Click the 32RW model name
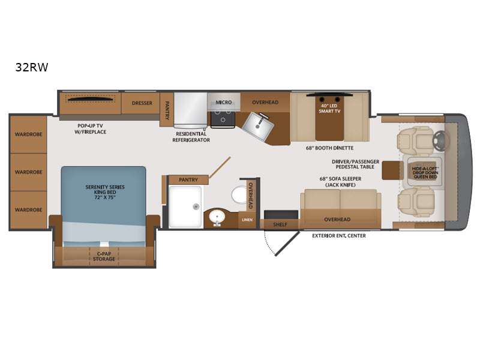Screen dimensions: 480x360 click(32, 67)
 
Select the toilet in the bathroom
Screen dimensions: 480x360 click(239, 194)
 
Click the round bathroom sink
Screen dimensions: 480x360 click(217, 217)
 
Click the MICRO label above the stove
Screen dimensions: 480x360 click(224, 102)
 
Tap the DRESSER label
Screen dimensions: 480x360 click(142, 103)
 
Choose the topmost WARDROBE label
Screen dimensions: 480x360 click(28, 134)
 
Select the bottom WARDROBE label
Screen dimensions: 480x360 click(28, 209)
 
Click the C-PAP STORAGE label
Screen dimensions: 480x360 click(104, 256)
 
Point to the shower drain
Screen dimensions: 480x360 click(196, 207)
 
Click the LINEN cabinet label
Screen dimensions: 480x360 click(247, 220)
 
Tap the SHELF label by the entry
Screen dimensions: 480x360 click(280, 224)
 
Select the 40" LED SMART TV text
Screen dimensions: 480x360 click(329, 109)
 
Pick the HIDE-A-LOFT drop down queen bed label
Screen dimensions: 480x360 click(425, 173)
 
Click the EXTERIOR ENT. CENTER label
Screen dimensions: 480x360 click(339, 236)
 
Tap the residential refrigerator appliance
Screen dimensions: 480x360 click(190, 110)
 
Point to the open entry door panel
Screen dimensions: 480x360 click(287, 244)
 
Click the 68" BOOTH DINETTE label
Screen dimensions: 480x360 click(329, 148)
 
